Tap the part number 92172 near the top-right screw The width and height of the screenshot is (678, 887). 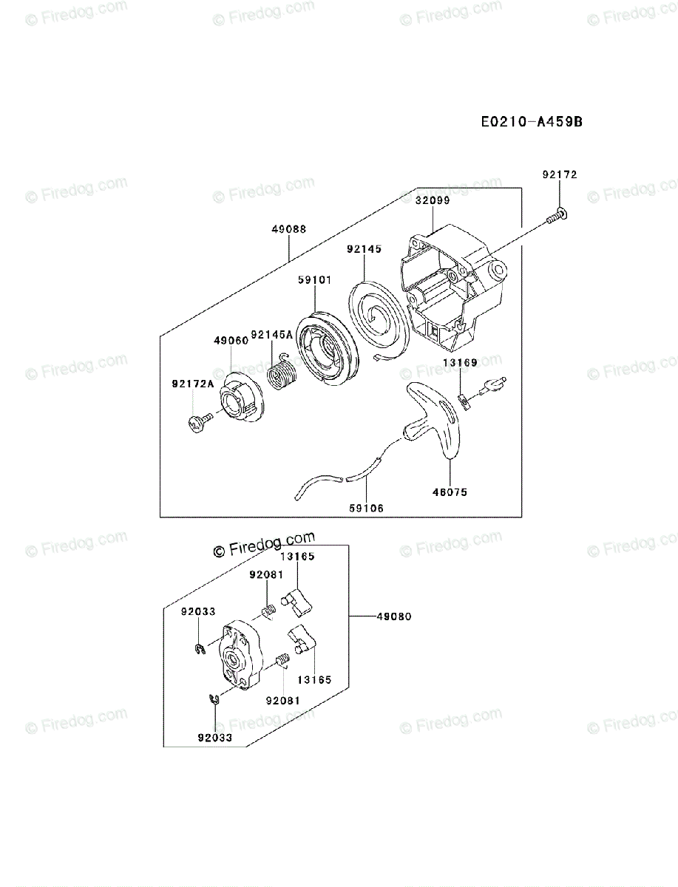pos(559,175)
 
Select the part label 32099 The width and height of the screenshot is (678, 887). pos(432,200)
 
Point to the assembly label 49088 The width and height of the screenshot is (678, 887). pos(288,229)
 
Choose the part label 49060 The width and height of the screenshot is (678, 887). pos(231,341)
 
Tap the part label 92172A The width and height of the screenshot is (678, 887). pos(192,383)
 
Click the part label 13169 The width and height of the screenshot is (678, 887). pos(460,362)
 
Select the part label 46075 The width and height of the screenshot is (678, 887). pos(450,492)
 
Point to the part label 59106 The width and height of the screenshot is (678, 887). pos(367,508)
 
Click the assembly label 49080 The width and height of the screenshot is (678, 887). pos(393,616)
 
